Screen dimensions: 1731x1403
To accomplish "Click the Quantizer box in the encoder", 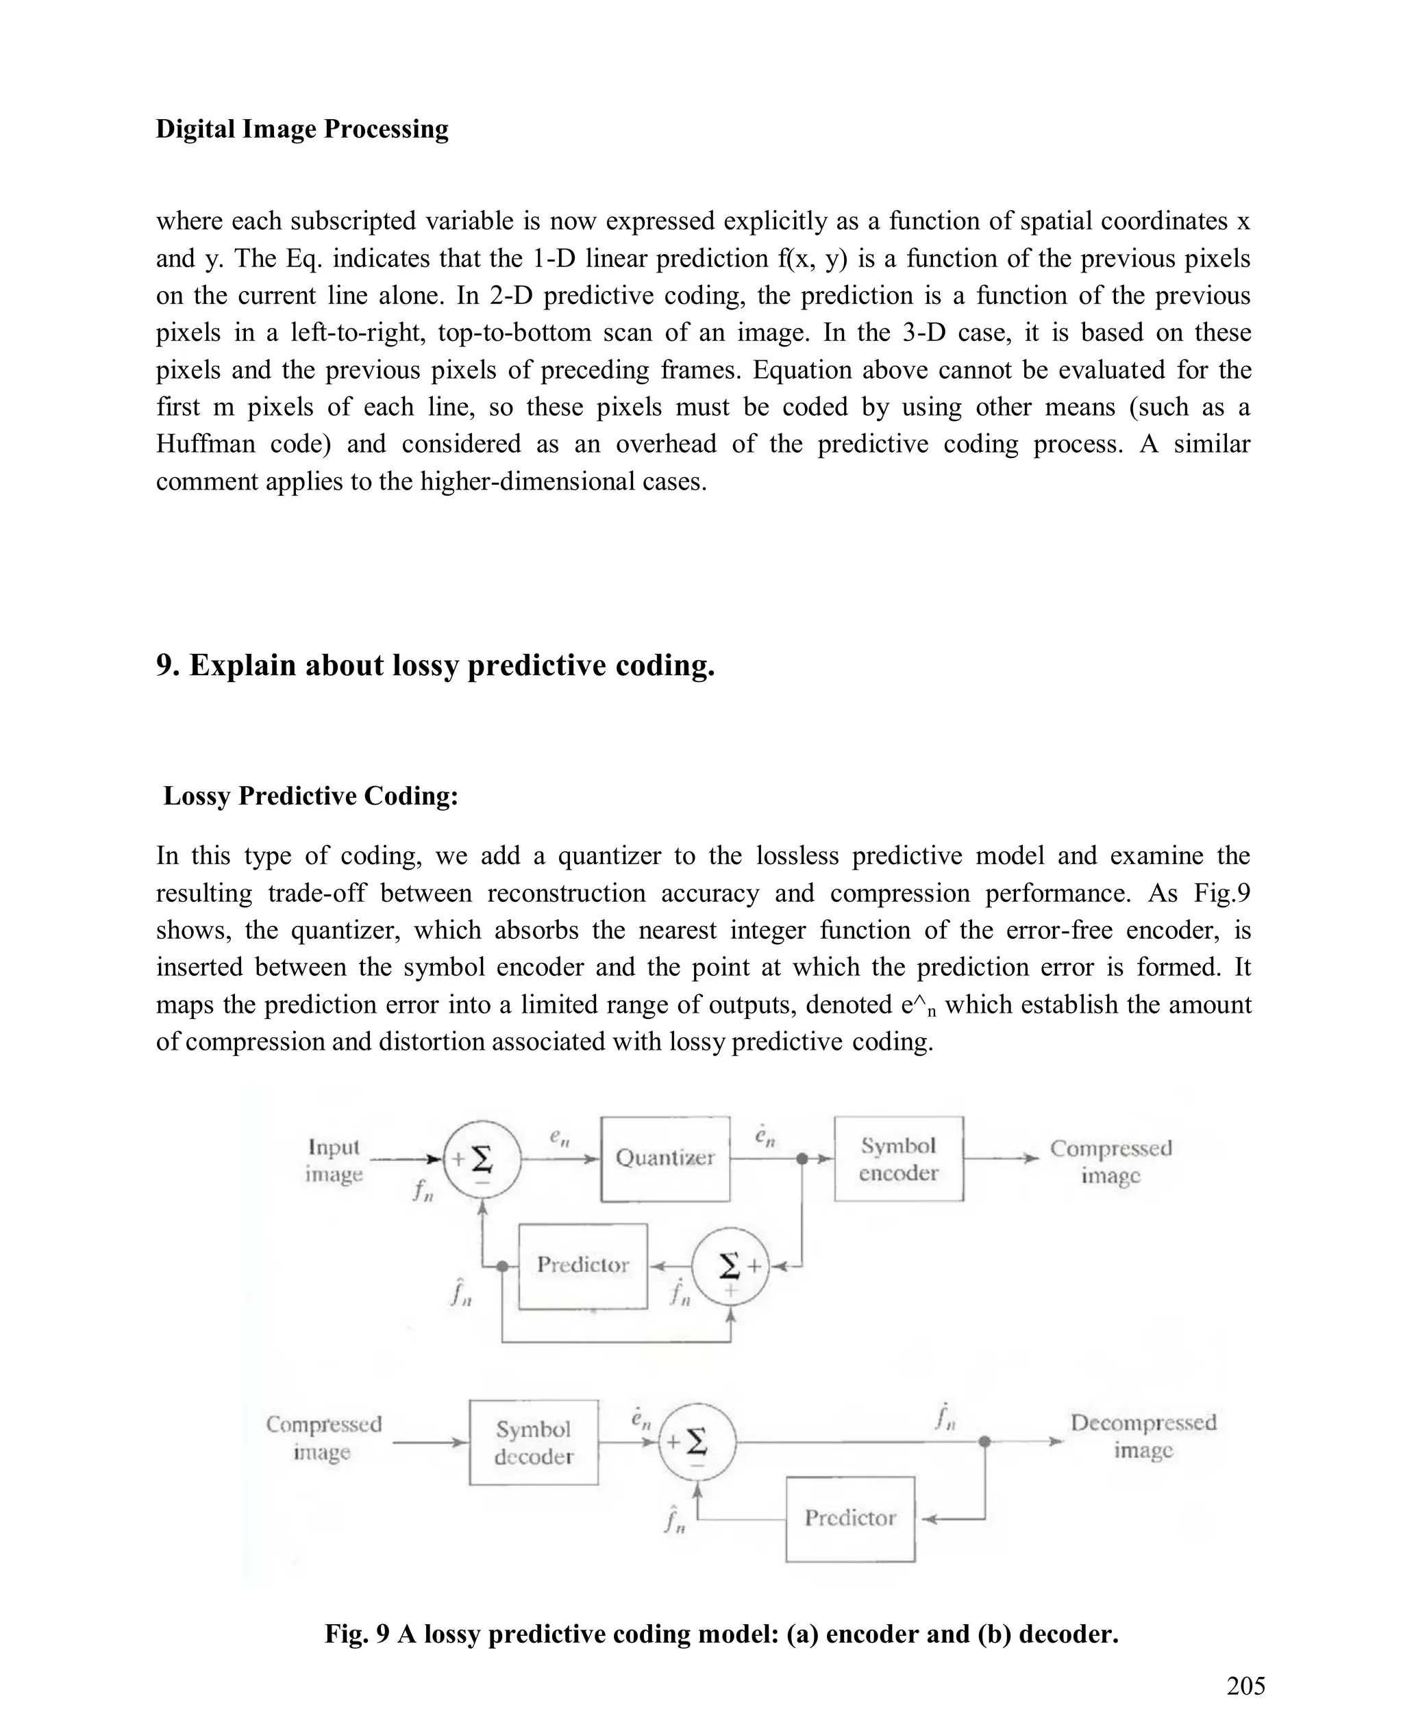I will click(x=665, y=1159).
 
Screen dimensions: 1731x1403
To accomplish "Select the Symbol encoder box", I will click(x=898, y=1159).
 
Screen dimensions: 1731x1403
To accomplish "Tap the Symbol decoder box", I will click(x=534, y=1442).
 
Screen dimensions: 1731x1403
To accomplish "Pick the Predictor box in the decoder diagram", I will click(x=850, y=1519).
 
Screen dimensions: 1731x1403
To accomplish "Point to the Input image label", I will click(x=334, y=1160).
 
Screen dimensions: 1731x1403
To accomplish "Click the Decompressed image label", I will click(x=1143, y=1435).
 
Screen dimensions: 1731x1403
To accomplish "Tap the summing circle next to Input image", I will click(x=482, y=1160).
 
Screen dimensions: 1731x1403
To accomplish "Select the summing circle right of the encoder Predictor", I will click(x=730, y=1267).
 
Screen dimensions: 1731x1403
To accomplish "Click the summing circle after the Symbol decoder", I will click(x=697, y=1442).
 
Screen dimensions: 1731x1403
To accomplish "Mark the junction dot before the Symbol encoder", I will click(x=802, y=1159).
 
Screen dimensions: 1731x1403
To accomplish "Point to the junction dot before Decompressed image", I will click(x=984, y=1441).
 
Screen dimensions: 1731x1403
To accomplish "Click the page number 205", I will click(x=1245, y=1686).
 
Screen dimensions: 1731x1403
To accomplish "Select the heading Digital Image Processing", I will click(x=301, y=129).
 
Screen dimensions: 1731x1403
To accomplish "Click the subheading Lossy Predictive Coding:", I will click(x=310, y=796).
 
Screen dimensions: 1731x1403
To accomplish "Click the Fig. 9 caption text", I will click(x=721, y=1633).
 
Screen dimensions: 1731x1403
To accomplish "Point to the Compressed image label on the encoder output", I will click(x=1110, y=1161).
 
